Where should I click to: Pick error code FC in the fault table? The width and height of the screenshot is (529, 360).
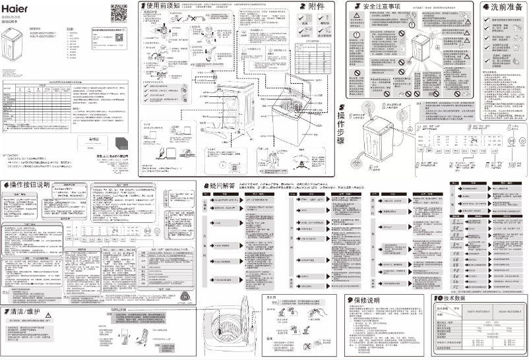pos(455,289)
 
